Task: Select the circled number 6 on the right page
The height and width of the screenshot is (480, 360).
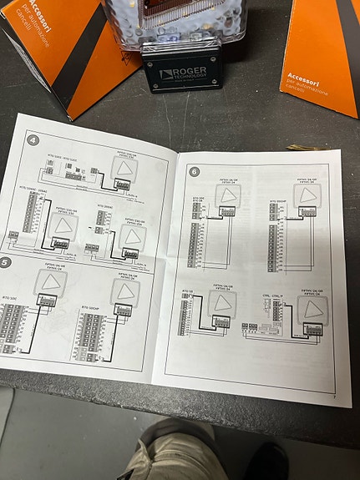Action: [x=194, y=173]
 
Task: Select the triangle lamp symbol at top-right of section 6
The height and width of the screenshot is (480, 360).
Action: [x=302, y=197]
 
